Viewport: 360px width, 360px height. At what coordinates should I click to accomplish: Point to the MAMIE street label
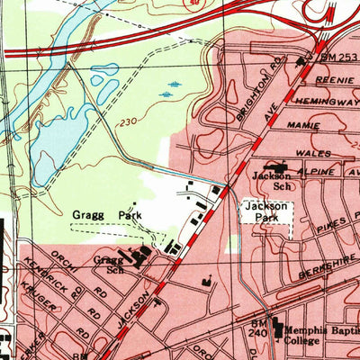[304, 126]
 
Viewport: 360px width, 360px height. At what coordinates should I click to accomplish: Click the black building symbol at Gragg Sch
[140, 256]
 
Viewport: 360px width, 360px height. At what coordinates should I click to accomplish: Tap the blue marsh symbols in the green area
[171, 89]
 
